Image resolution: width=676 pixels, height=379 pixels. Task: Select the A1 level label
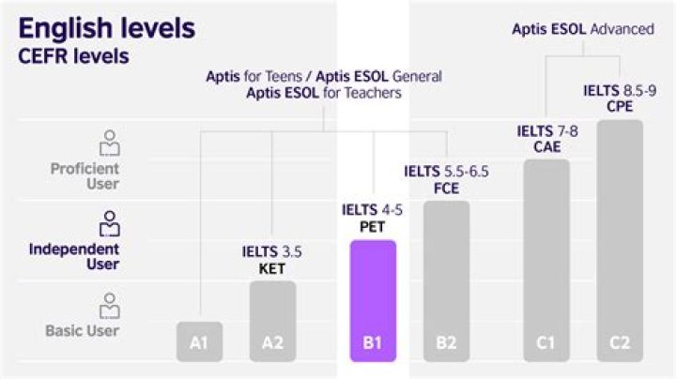pos(199,343)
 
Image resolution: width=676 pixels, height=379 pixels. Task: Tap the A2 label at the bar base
pos(272,343)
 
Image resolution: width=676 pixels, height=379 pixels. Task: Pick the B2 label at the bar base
pos(446,343)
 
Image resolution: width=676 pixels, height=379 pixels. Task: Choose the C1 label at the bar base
pos(546,343)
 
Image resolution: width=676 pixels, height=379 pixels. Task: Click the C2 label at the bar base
pos(620,343)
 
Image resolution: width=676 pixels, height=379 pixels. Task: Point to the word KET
pos(271,267)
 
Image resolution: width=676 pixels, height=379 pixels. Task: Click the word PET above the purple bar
pos(373,226)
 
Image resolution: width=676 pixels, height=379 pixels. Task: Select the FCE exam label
pos(446,188)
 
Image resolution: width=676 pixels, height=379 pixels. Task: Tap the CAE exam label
pos(546,146)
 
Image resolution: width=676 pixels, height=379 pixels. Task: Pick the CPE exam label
pos(620,106)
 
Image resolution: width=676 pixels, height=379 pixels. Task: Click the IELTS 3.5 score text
pos(271,251)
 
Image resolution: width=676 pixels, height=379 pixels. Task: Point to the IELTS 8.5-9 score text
pos(620,90)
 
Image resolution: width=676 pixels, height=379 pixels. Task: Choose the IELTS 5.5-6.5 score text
pos(446,172)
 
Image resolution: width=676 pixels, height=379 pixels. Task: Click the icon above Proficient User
pos(111,143)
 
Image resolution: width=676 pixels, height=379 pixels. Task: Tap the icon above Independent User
pos(111,223)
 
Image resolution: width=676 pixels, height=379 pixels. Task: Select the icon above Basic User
pos(111,305)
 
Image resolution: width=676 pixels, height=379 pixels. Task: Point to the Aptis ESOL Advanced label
pos(583,29)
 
